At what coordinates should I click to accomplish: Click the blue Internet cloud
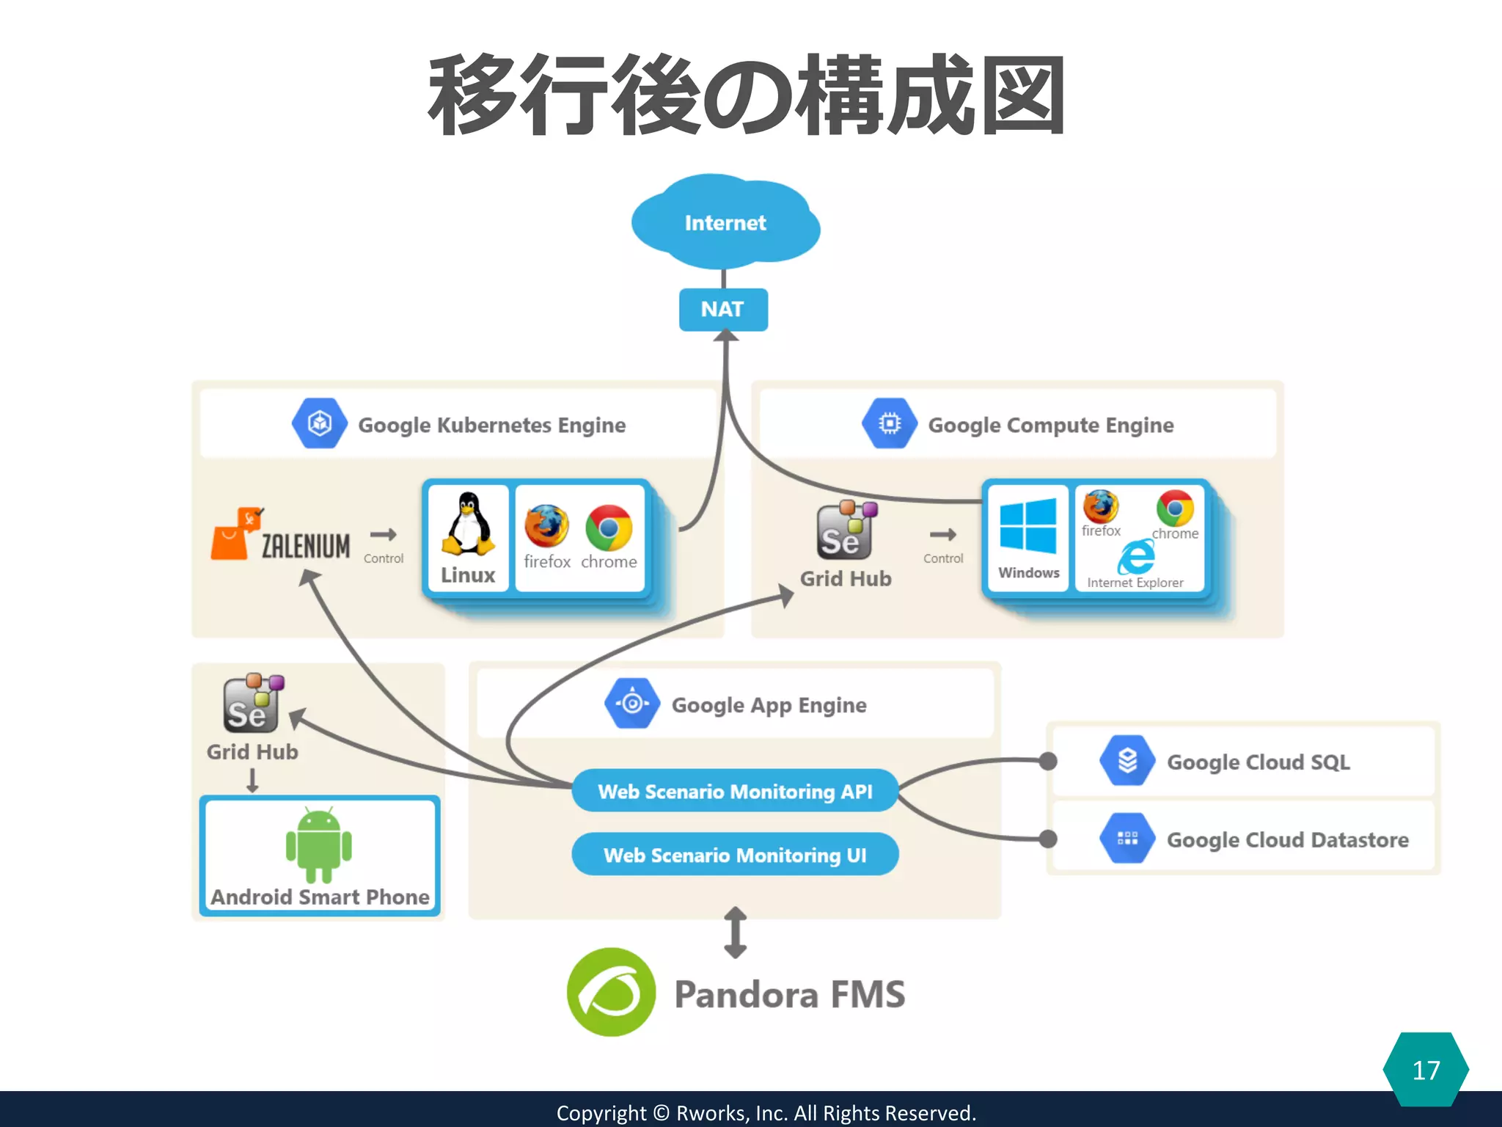click(725, 222)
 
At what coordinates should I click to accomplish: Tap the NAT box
click(723, 309)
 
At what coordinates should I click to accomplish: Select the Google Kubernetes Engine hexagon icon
click(319, 423)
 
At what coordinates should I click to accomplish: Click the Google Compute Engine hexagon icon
click(889, 423)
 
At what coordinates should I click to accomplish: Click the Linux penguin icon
click(468, 525)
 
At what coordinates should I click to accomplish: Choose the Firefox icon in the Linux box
click(546, 526)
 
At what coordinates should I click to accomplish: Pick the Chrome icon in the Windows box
click(1175, 508)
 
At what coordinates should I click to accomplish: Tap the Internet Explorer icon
click(1136, 557)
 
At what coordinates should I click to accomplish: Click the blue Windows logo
click(1028, 525)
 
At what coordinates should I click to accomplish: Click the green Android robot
click(319, 845)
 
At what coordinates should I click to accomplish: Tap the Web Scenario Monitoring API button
click(735, 791)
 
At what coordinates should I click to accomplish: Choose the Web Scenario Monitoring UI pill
click(735, 855)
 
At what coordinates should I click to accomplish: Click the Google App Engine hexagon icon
click(631, 704)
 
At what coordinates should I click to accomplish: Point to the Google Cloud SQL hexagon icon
click(1127, 761)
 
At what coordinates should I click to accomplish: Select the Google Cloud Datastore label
click(1287, 839)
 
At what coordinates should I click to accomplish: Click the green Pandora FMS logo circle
click(611, 992)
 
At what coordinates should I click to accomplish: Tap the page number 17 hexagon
click(1426, 1070)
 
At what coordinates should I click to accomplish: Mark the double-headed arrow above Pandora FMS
click(735, 933)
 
